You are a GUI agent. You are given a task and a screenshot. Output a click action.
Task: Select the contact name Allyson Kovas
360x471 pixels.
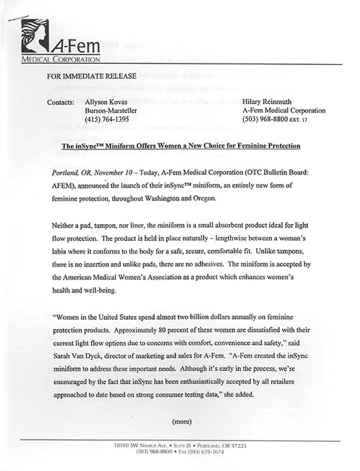point(107,102)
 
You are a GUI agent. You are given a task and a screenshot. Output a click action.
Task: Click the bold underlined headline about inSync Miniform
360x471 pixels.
point(181,146)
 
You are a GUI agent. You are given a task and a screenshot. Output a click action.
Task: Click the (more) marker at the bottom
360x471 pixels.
point(181,421)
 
